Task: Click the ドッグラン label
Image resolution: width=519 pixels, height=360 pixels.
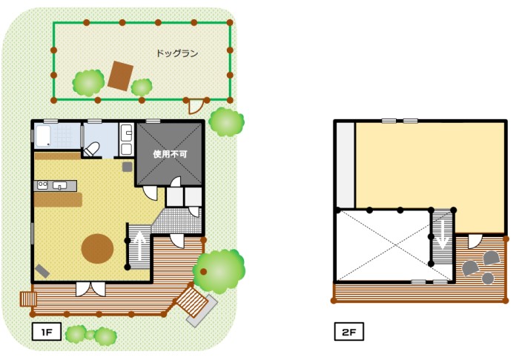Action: pos(177,53)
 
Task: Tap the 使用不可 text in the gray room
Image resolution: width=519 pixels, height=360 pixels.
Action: pos(170,154)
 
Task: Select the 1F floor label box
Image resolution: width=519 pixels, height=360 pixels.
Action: pos(47,332)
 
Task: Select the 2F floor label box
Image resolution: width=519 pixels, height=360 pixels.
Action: pos(349,332)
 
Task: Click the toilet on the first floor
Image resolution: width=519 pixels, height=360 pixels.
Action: pos(92,150)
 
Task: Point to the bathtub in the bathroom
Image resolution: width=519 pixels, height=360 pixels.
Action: pos(43,136)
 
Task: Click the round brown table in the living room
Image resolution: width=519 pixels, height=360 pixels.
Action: pos(98,249)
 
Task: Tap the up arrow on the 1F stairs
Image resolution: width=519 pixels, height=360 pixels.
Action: pos(140,246)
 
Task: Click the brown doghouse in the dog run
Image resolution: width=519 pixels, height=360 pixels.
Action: pos(120,76)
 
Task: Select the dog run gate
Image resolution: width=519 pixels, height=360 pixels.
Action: pos(196,106)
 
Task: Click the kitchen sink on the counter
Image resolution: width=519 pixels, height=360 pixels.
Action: pos(59,185)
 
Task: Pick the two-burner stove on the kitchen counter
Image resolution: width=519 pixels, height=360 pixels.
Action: pos(42,185)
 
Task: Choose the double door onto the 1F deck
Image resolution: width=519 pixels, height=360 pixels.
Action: pos(90,289)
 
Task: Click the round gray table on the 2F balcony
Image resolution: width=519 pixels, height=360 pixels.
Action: pos(488,279)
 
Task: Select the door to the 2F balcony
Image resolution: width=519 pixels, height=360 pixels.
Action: pos(475,241)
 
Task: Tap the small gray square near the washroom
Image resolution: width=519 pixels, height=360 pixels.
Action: pos(127,167)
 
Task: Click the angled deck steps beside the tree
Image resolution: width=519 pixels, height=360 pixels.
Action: pos(192,302)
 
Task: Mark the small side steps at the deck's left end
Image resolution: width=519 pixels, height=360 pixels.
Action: pos(28,299)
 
